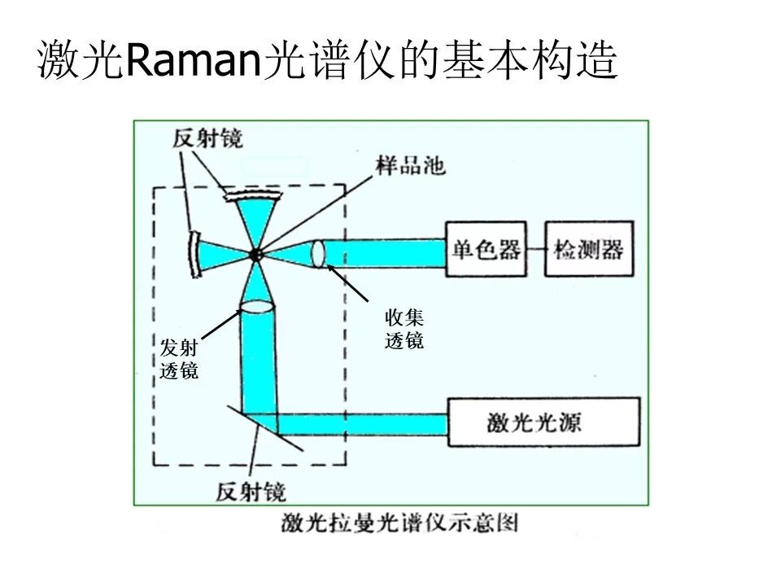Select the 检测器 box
tap(588, 249)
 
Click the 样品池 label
tap(410, 165)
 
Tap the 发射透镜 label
tap(179, 360)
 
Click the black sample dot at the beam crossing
tap(255, 254)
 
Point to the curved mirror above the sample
tap(251, 194)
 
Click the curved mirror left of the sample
tap(193, 253)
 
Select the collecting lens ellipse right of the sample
tap(317, 253)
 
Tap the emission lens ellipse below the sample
tap(257, 307)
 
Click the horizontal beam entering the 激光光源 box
tap(366, 424)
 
